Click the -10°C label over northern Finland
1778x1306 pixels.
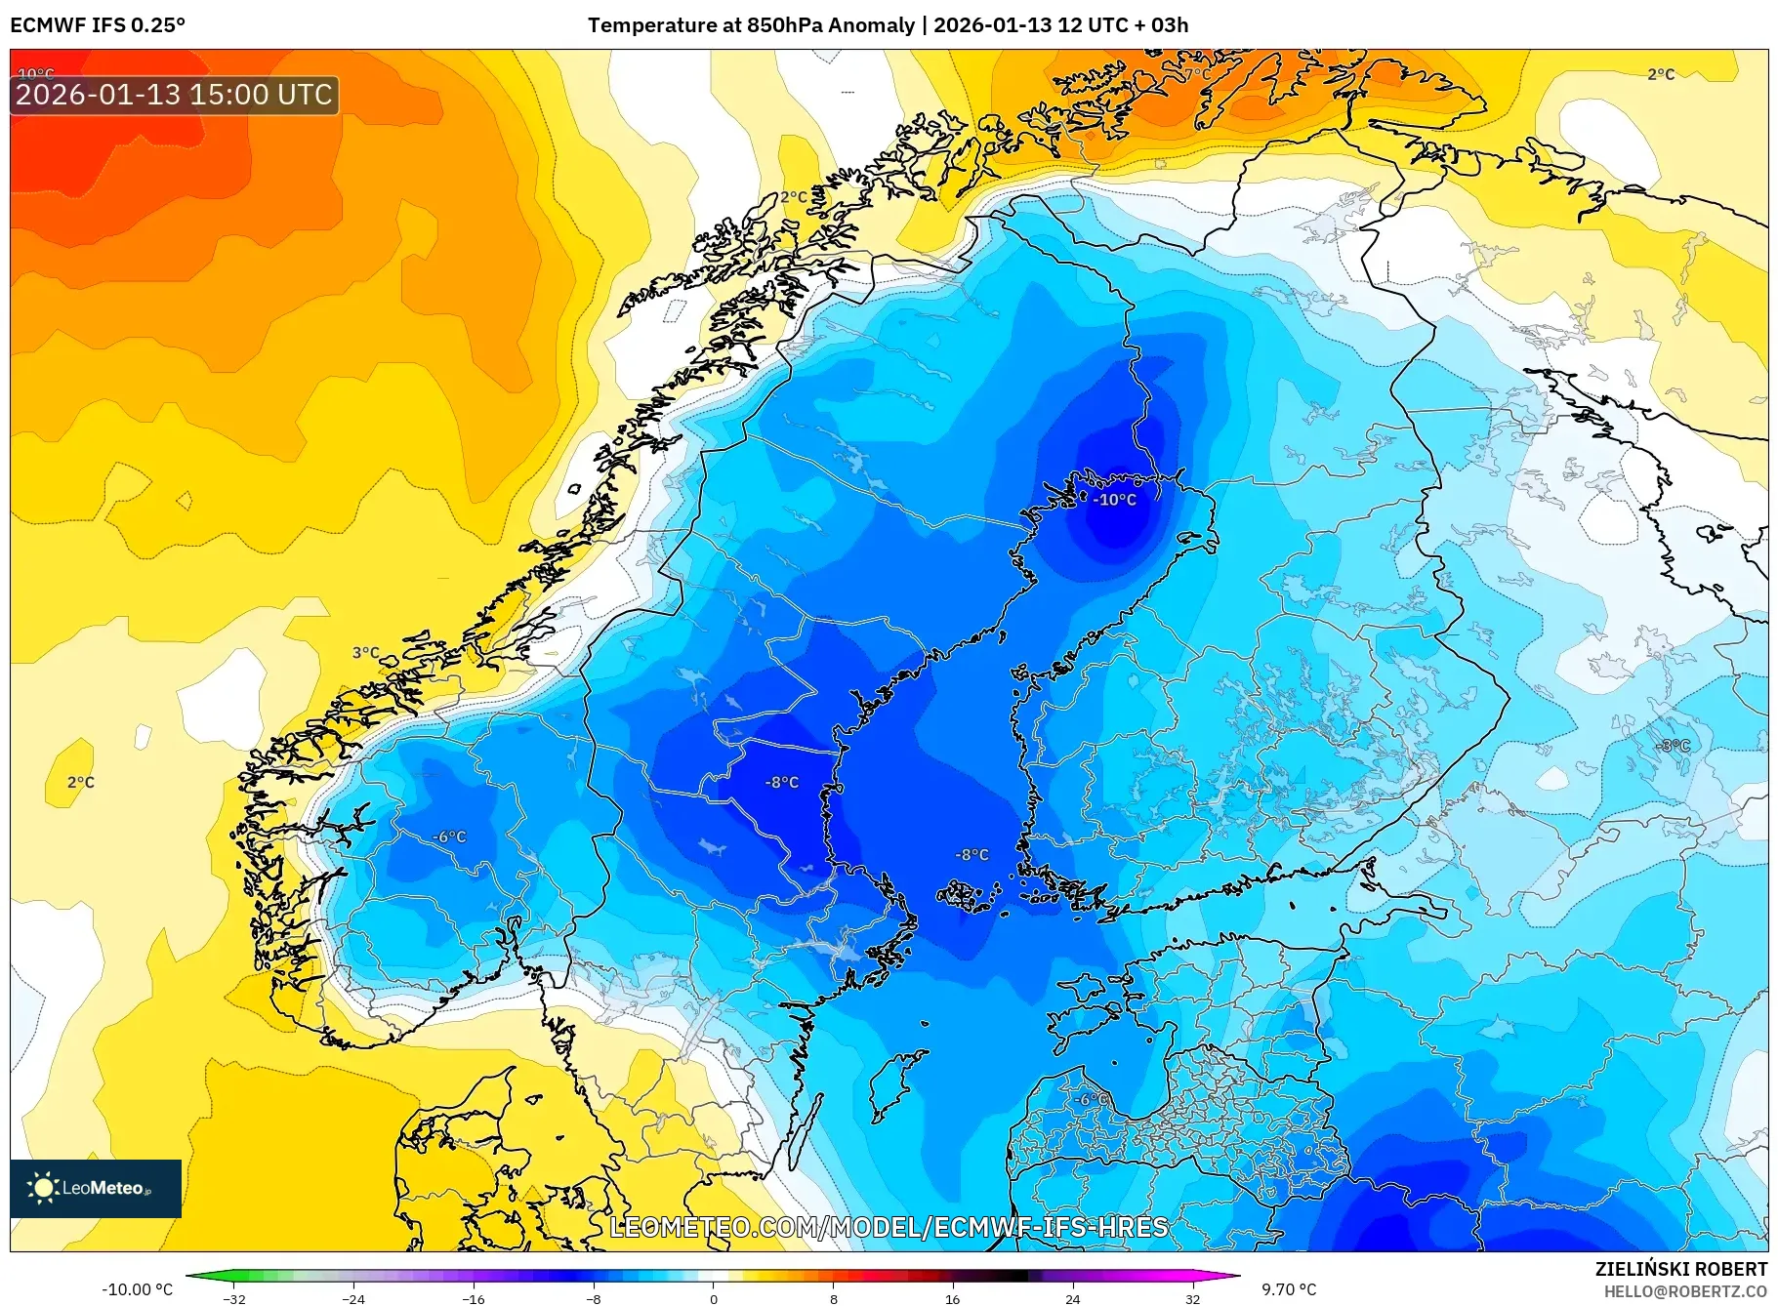tap(1115, 500)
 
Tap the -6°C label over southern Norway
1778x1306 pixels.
tap(450, 837)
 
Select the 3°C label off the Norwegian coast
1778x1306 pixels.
tap(366, 653)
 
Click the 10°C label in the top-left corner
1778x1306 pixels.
tap(36, 74)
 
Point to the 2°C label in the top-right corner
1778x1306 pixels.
tap(1661, 74)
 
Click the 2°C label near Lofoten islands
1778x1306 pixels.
tap(794, 197)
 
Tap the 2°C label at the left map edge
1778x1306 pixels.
tap(81, 783)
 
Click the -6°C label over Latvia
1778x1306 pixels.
tap(1092, 1100)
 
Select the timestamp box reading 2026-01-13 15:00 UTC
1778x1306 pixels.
tap(175, 95)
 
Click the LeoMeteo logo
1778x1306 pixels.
tap(96, 1188)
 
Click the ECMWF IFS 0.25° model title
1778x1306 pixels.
tap(98, 25)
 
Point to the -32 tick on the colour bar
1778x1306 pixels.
tap(234, 1299)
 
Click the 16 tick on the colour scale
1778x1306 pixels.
tap(952, 1299)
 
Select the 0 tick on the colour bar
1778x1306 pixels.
tap(714, 1299)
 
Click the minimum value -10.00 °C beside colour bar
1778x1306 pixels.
tap(138, 1289)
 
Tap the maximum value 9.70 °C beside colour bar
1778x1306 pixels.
tap(1289, 1289)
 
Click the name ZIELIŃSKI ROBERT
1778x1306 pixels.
tap(1680, 1269)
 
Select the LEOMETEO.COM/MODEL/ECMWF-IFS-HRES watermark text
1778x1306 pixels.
tap(889, 1227)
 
